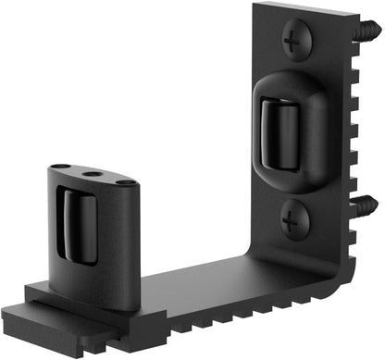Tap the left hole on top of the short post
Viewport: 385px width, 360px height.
[61, 167]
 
